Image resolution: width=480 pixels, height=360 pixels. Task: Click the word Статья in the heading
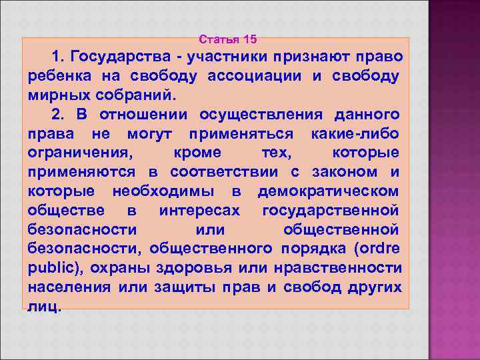(x=216, y=39)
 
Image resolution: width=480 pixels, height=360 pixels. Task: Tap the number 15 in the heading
(x=249, y=39)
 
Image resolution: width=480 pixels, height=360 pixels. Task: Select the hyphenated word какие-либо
(x=355, y=134)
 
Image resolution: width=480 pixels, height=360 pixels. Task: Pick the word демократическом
(x=329, y=191)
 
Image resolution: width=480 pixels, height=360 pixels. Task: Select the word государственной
(x=331, y=211)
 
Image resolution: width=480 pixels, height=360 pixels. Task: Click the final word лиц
(x=44, y=307)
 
